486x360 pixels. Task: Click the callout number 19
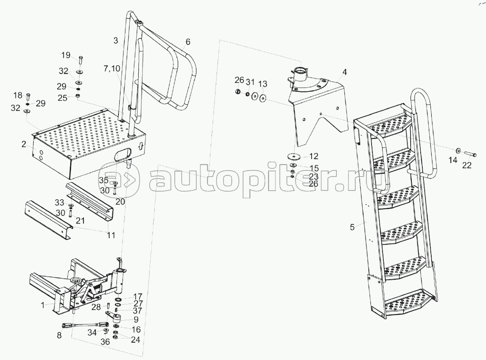(x=66, y=56)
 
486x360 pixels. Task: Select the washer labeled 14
(x=458, y=151)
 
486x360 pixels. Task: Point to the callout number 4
(x=345, y=72)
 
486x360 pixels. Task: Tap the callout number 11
(x=111, y=235)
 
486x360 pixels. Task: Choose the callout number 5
(x=352, y=227)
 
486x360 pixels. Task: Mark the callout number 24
(x=135, y=340)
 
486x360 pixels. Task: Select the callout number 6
(x=188, y=41)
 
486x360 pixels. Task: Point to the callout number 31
(x=250, y=82)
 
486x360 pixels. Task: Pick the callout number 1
(x=43, y=305)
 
